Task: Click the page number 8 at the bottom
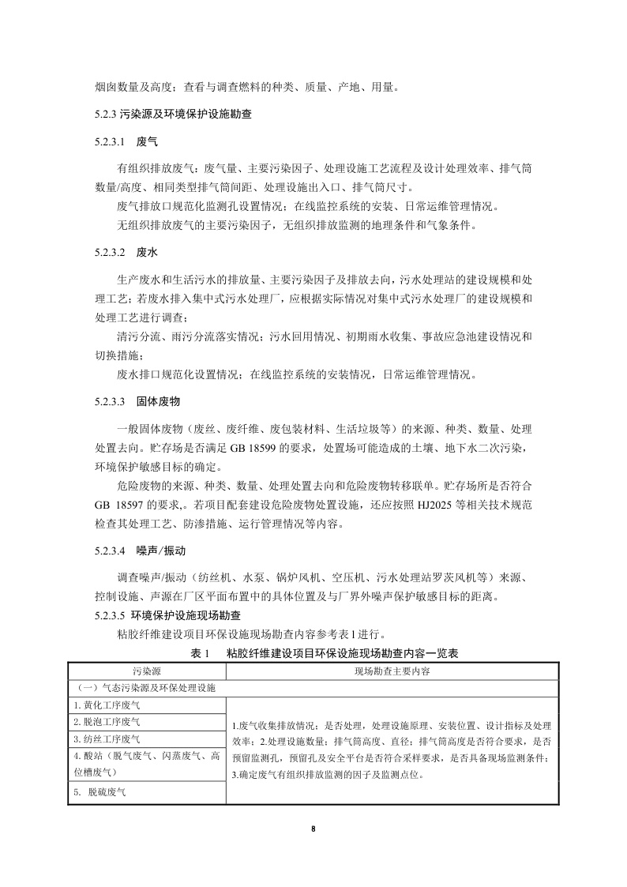pyautogui.click(x=313, y=828)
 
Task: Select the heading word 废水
pyautogui.click(x=148, y=253)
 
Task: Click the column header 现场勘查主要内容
pyautogui.click(x=392, y=671)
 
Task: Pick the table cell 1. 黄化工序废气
pyautogui.click(x=107, y=705)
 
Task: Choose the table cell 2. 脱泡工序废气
pyautogui.click(x=107, y=722)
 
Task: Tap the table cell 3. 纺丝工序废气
pyautogui.click(x=107, y=739)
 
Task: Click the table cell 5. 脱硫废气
pyautogui.click(x=100, y=791)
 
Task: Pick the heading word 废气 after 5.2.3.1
pyautogui.click(x=148, y=142)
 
